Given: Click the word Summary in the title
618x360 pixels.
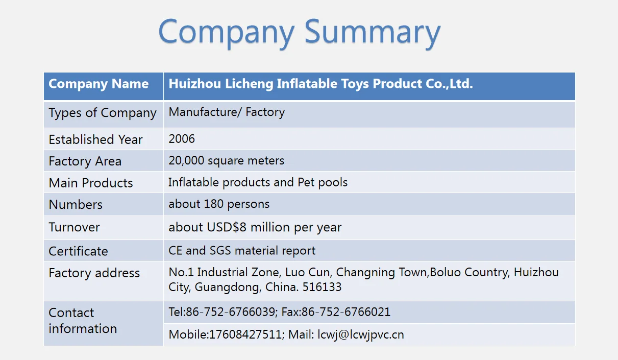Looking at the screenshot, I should tap(373, 32).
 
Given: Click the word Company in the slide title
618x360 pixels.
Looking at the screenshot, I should tap(226, 32).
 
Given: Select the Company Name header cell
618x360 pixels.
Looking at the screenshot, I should tap(98, 84).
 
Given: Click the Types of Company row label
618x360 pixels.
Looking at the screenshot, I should tap(102, 113).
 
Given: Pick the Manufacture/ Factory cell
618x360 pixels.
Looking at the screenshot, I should tap(227, 112).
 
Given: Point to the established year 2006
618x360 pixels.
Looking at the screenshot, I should tap(182, 139).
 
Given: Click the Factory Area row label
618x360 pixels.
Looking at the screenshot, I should tap(85, 161).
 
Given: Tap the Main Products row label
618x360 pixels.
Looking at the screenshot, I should tap(90, 183).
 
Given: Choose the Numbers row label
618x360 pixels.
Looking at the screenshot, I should tap(76, 205).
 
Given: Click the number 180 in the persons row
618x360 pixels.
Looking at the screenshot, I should tap(220, 204).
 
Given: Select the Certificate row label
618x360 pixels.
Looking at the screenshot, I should tap(78, 251).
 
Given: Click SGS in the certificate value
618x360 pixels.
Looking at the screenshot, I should tap(223, 251).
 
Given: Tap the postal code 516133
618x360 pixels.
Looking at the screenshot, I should tap(322, 287).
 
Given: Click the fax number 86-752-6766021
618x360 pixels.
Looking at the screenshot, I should tap(346, 312).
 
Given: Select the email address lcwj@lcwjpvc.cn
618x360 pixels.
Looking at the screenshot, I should tap(361, 335).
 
